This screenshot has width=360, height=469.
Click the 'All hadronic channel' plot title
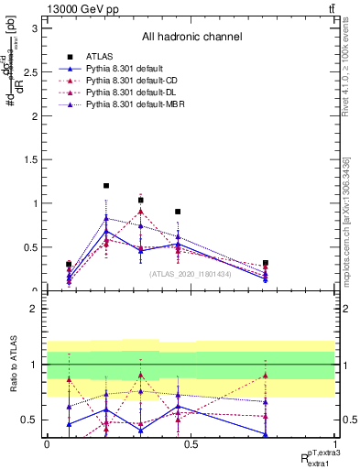[x=191, y=38]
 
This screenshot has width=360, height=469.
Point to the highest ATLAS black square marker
[x=106, y=186]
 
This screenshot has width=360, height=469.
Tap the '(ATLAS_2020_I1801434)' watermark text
[x=191, y=273]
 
